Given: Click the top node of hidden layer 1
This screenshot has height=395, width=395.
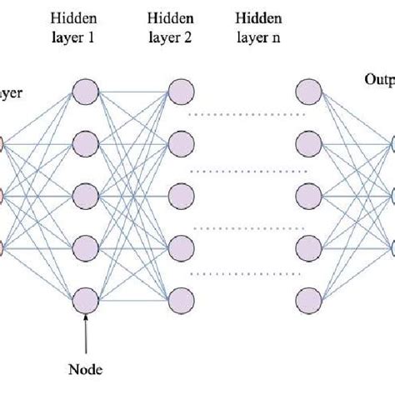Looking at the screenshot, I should coord(87,92).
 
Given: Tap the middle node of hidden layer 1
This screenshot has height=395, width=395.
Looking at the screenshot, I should coord(87,196).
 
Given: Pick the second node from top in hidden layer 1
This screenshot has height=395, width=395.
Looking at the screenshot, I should coord(87,143).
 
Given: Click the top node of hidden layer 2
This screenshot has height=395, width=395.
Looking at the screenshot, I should coord(181,92).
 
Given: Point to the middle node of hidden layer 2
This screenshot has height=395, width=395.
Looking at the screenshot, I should coord(181,196).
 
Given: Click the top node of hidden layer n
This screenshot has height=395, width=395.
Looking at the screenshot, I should coord(310,92).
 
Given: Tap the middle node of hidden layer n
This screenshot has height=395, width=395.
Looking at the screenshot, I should coord(310,196).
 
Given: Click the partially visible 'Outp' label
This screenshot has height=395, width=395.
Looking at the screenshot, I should coord(379,80).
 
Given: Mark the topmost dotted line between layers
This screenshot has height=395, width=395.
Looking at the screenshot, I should coord(245,111).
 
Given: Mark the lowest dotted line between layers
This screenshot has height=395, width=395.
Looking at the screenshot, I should coord(245,272).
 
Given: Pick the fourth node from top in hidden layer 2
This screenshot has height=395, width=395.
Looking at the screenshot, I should coord(181,247).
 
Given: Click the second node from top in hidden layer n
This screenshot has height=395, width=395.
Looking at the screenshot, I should coord(310,143).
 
